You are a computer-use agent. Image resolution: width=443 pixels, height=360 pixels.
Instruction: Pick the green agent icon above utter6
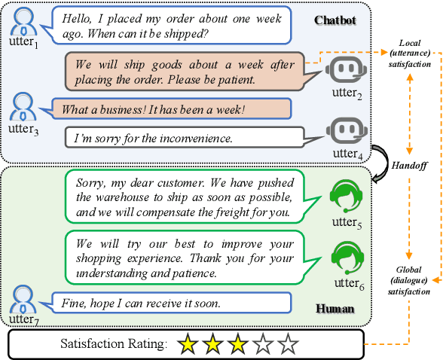pos(347,257)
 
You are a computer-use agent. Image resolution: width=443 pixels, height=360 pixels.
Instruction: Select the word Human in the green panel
pos(334,308)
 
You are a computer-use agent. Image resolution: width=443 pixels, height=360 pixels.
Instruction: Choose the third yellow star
pos(237,345)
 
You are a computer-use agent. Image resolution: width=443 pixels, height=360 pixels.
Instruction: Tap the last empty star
pos(287,345)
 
